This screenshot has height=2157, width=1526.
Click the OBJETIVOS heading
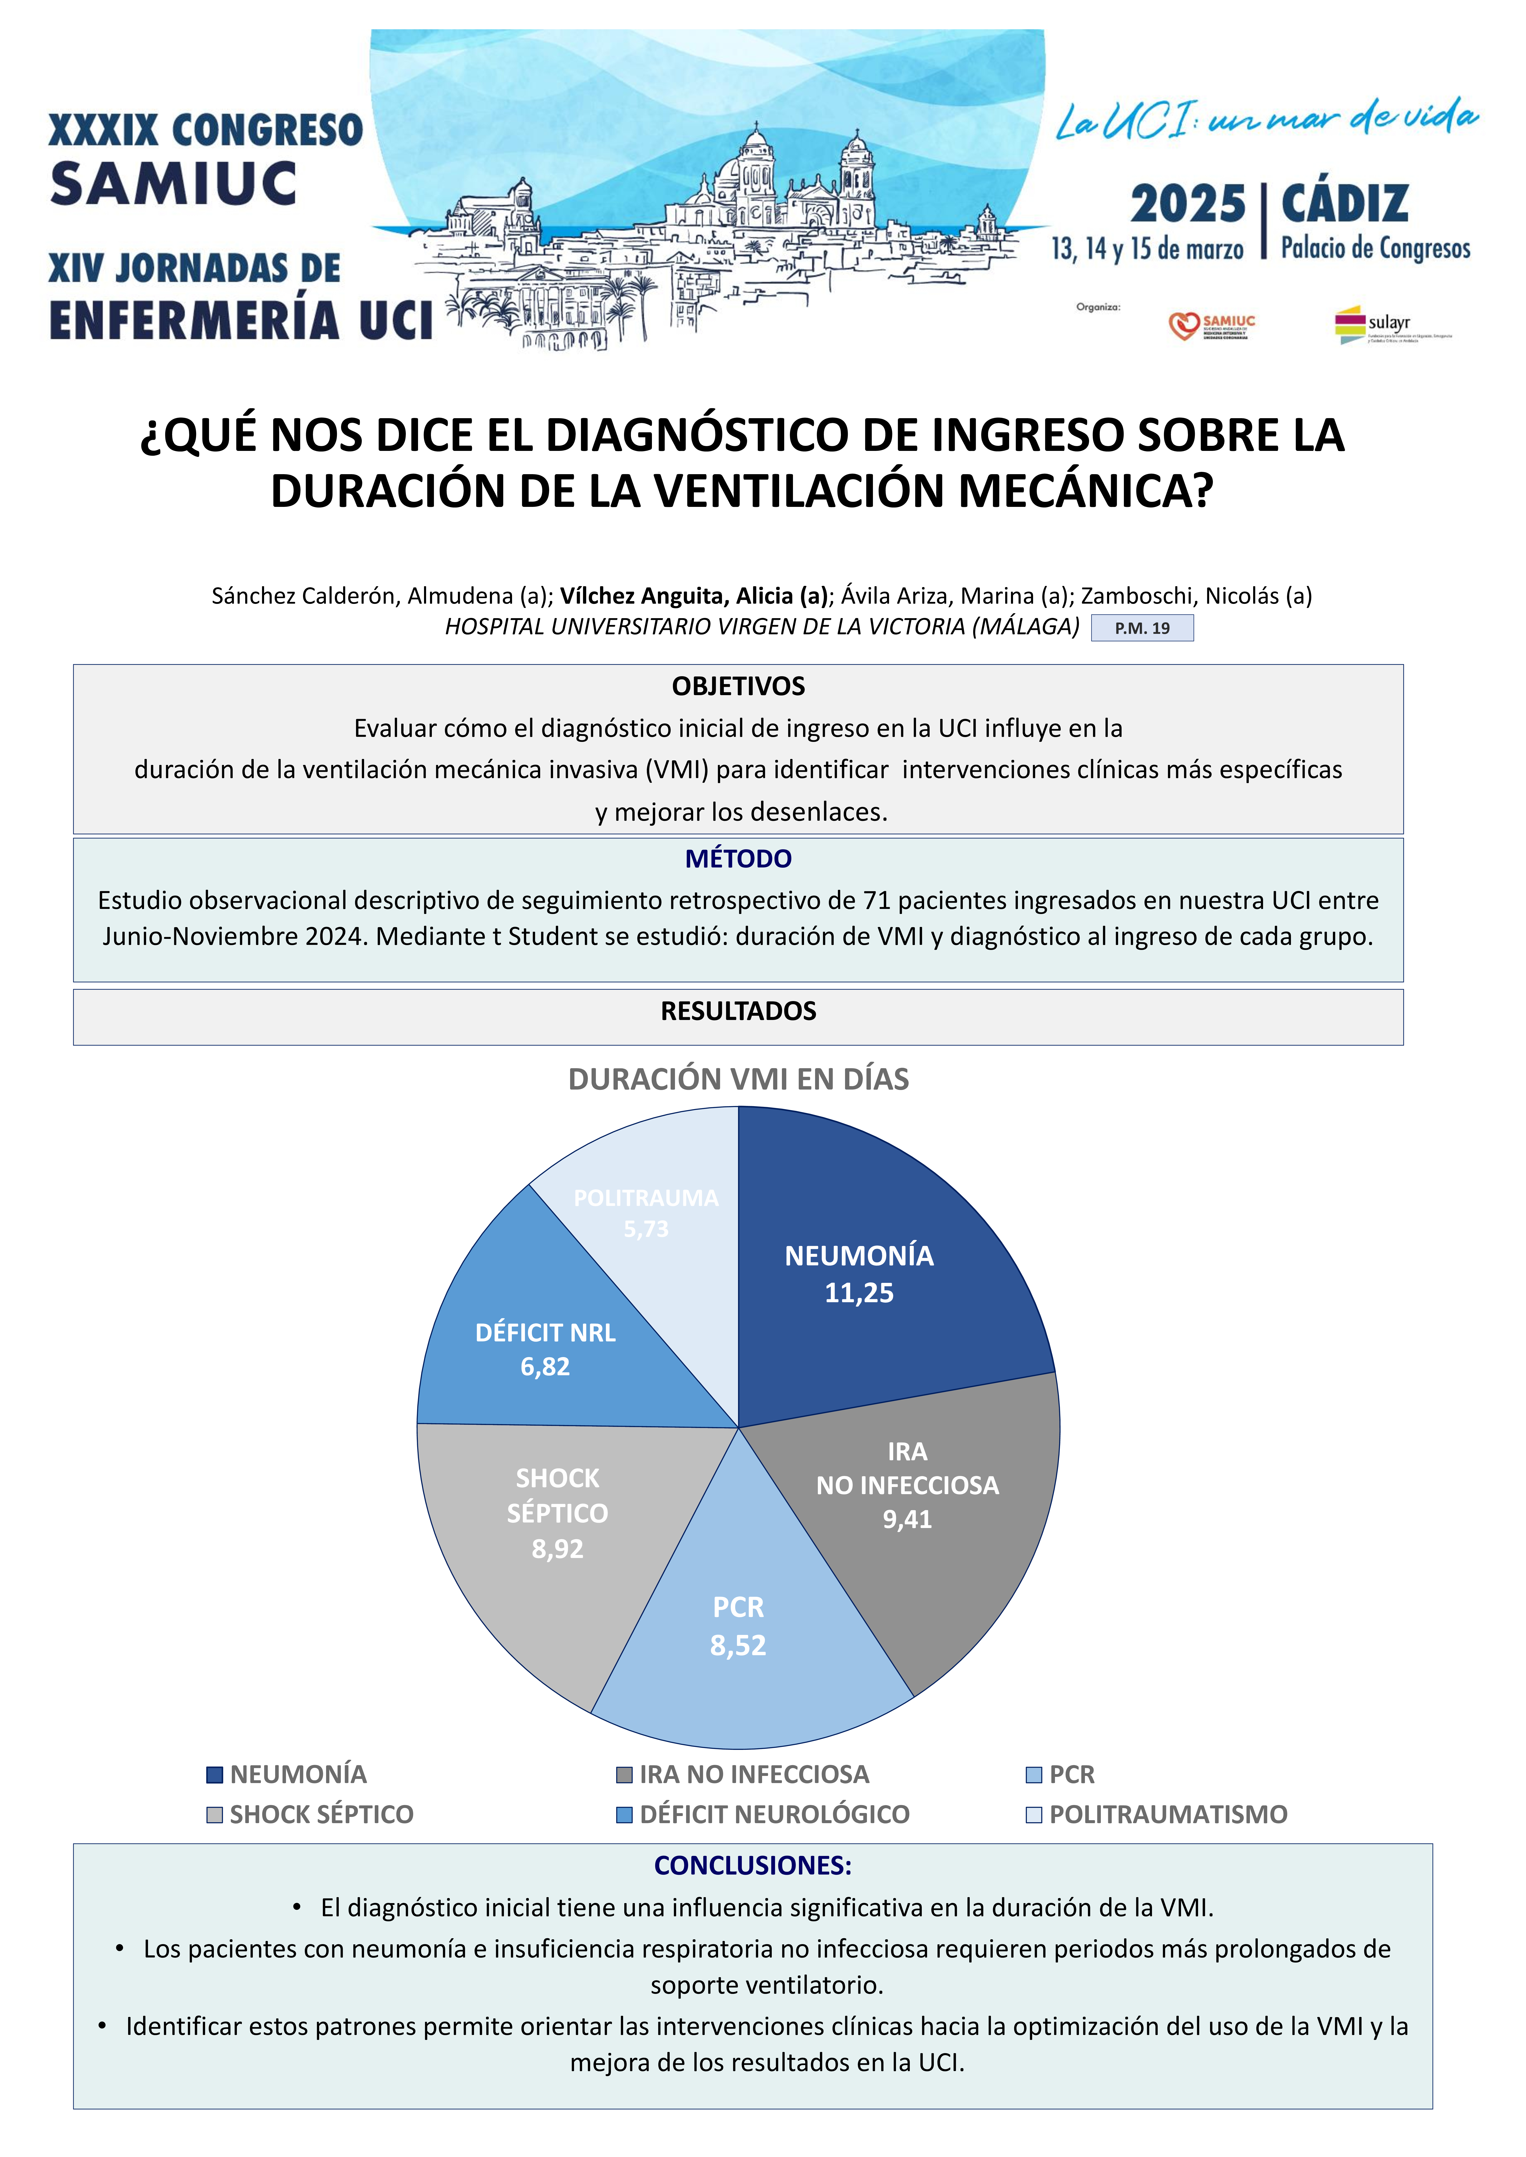click(x=739, y=687)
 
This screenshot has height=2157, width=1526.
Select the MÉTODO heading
click(x=739, y=859)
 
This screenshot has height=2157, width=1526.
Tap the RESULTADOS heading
click(x=739, y=1012)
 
